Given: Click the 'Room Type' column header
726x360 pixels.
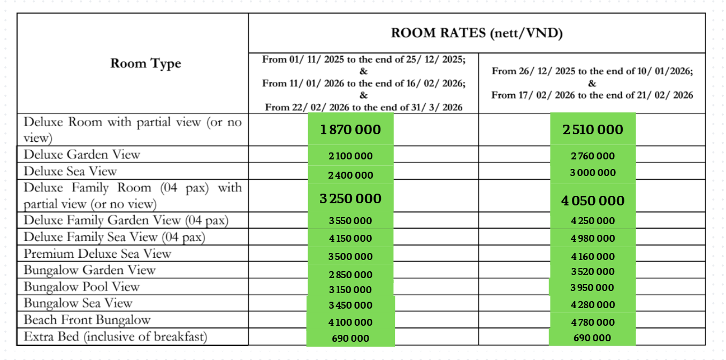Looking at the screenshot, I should pyautogui.click(x=146, y=64).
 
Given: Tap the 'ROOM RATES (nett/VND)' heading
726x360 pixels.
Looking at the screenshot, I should pyautogui.click(x=477, y=33).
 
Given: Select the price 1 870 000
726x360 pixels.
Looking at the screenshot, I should pyautogui.click(x=350, y=129).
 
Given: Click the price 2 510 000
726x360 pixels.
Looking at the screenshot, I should pyautogui.click(x=593, y=129).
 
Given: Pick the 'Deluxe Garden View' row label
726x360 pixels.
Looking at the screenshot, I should pyautogui.click(x=82, y=155).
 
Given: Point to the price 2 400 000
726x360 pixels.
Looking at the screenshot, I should pyautogui.click(x=350, y=175).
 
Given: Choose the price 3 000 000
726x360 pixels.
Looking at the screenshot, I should pyautogui.click(x=593, y=173).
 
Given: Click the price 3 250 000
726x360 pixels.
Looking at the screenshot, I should pyautogui.click(x=350, y=198).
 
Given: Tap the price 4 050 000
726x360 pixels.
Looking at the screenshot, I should pyautogui.click(x=593, y=201).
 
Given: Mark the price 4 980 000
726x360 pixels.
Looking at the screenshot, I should pyautogui.click(x=593, y=238).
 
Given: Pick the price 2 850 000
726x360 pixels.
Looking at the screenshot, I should pyautogui.click(x=350, y=275).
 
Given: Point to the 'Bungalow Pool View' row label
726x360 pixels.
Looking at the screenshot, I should pyautogui.click(x=81, y=287).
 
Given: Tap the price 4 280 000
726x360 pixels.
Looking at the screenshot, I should pyautogui.click(x=593, y=305).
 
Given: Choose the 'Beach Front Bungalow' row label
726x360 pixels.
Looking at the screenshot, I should pyautogui.click(x=87, y=320).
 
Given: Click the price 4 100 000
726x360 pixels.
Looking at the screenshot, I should pyautogui.click(x=350, y=323).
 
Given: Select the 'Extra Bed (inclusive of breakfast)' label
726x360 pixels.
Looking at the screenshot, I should pyautogui.click(x=115, y=337).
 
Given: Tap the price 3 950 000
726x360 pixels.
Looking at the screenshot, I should pyautogui.click(x=593, y=288).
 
